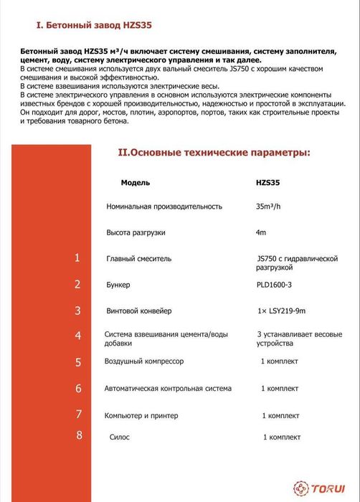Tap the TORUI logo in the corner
coord(321,487)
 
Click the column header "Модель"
coord(136,183)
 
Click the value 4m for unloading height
coord(261,233)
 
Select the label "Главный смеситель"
coord(138,259)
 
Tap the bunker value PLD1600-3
coord(274,285)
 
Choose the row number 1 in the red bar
coord(77,259)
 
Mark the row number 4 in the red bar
coord(78,336)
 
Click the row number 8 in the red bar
coord(79,435)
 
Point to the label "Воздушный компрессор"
coord(145,361)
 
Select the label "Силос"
coord(120,436)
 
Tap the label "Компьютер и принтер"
coord(141,415)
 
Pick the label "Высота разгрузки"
coord(135,233)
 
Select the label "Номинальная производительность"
coord(164,207)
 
